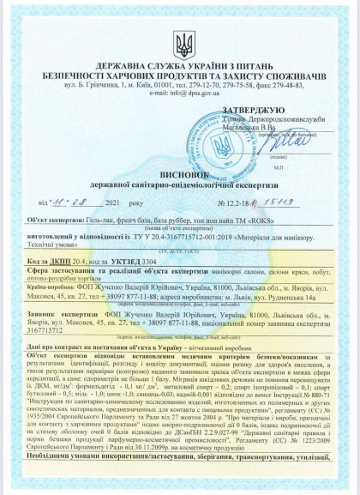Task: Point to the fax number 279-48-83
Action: [x=297, y=86]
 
